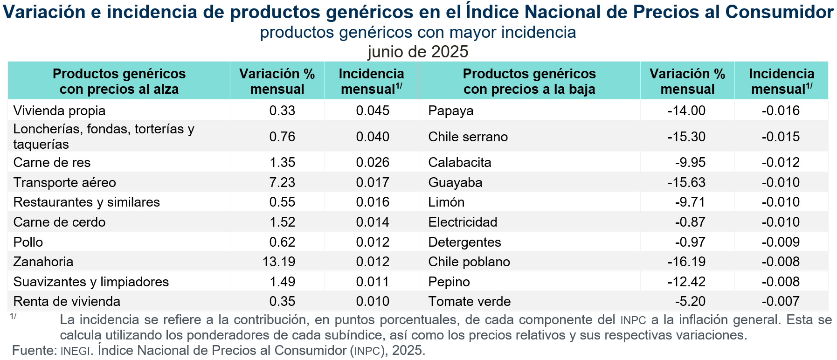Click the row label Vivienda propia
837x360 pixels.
(59, 111)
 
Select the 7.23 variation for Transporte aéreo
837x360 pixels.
(282, 182)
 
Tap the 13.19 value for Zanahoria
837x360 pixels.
(278, 262)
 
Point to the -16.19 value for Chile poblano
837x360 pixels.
(686, 262)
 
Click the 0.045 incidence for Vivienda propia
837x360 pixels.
(373, 111)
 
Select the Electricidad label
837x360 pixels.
(463, 222)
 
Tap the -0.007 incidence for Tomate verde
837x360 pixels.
(781, 301)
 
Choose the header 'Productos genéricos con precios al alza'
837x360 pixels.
(119, 81)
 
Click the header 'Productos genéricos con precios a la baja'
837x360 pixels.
(529, 81)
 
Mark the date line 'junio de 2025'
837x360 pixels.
(418, 51)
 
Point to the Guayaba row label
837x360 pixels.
(455, 182)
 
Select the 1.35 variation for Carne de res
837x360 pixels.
(282, 162)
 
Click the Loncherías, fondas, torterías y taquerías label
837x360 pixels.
(104, 136)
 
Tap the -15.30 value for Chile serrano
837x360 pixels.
(686, 137)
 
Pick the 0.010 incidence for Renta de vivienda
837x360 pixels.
(373, 301)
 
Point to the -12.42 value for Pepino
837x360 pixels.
(686, 282)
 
